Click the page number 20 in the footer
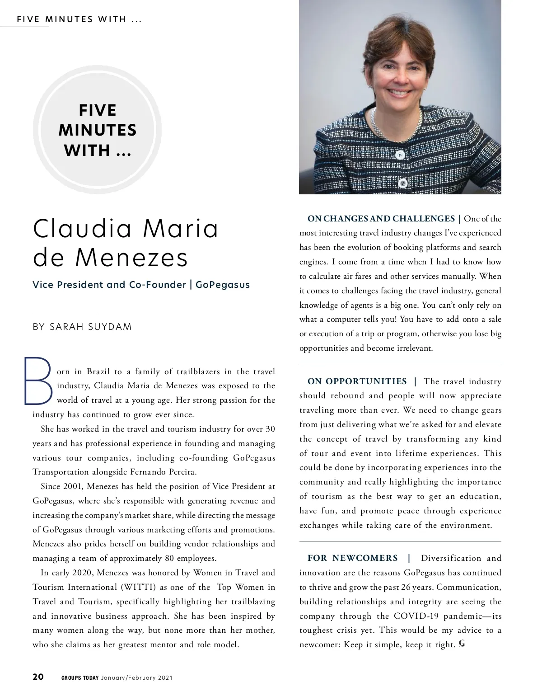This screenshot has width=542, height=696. tap(38, 677)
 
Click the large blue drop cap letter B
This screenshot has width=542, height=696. tap(37, 381)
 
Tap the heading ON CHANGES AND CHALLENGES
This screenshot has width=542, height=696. tap(381, 219)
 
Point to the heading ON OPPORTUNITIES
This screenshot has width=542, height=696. tap(357, 381)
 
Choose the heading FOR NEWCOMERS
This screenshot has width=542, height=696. tap(353, 558)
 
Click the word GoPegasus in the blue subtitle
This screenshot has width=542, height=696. tap(223, 285)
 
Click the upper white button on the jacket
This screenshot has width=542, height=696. tap(400, 155)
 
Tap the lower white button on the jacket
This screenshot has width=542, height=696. tap(403, 183)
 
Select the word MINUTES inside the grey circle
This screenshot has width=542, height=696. tap(98, 130)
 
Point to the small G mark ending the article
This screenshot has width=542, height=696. tap(462, 644)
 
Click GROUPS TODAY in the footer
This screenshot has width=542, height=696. tap(80, 677)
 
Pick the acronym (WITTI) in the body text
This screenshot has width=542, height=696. tap(138, 587)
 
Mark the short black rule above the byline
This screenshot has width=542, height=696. tap(65, 313)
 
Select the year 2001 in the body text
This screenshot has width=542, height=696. tap(74, 487)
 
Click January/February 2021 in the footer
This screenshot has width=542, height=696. tap(137, 677)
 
